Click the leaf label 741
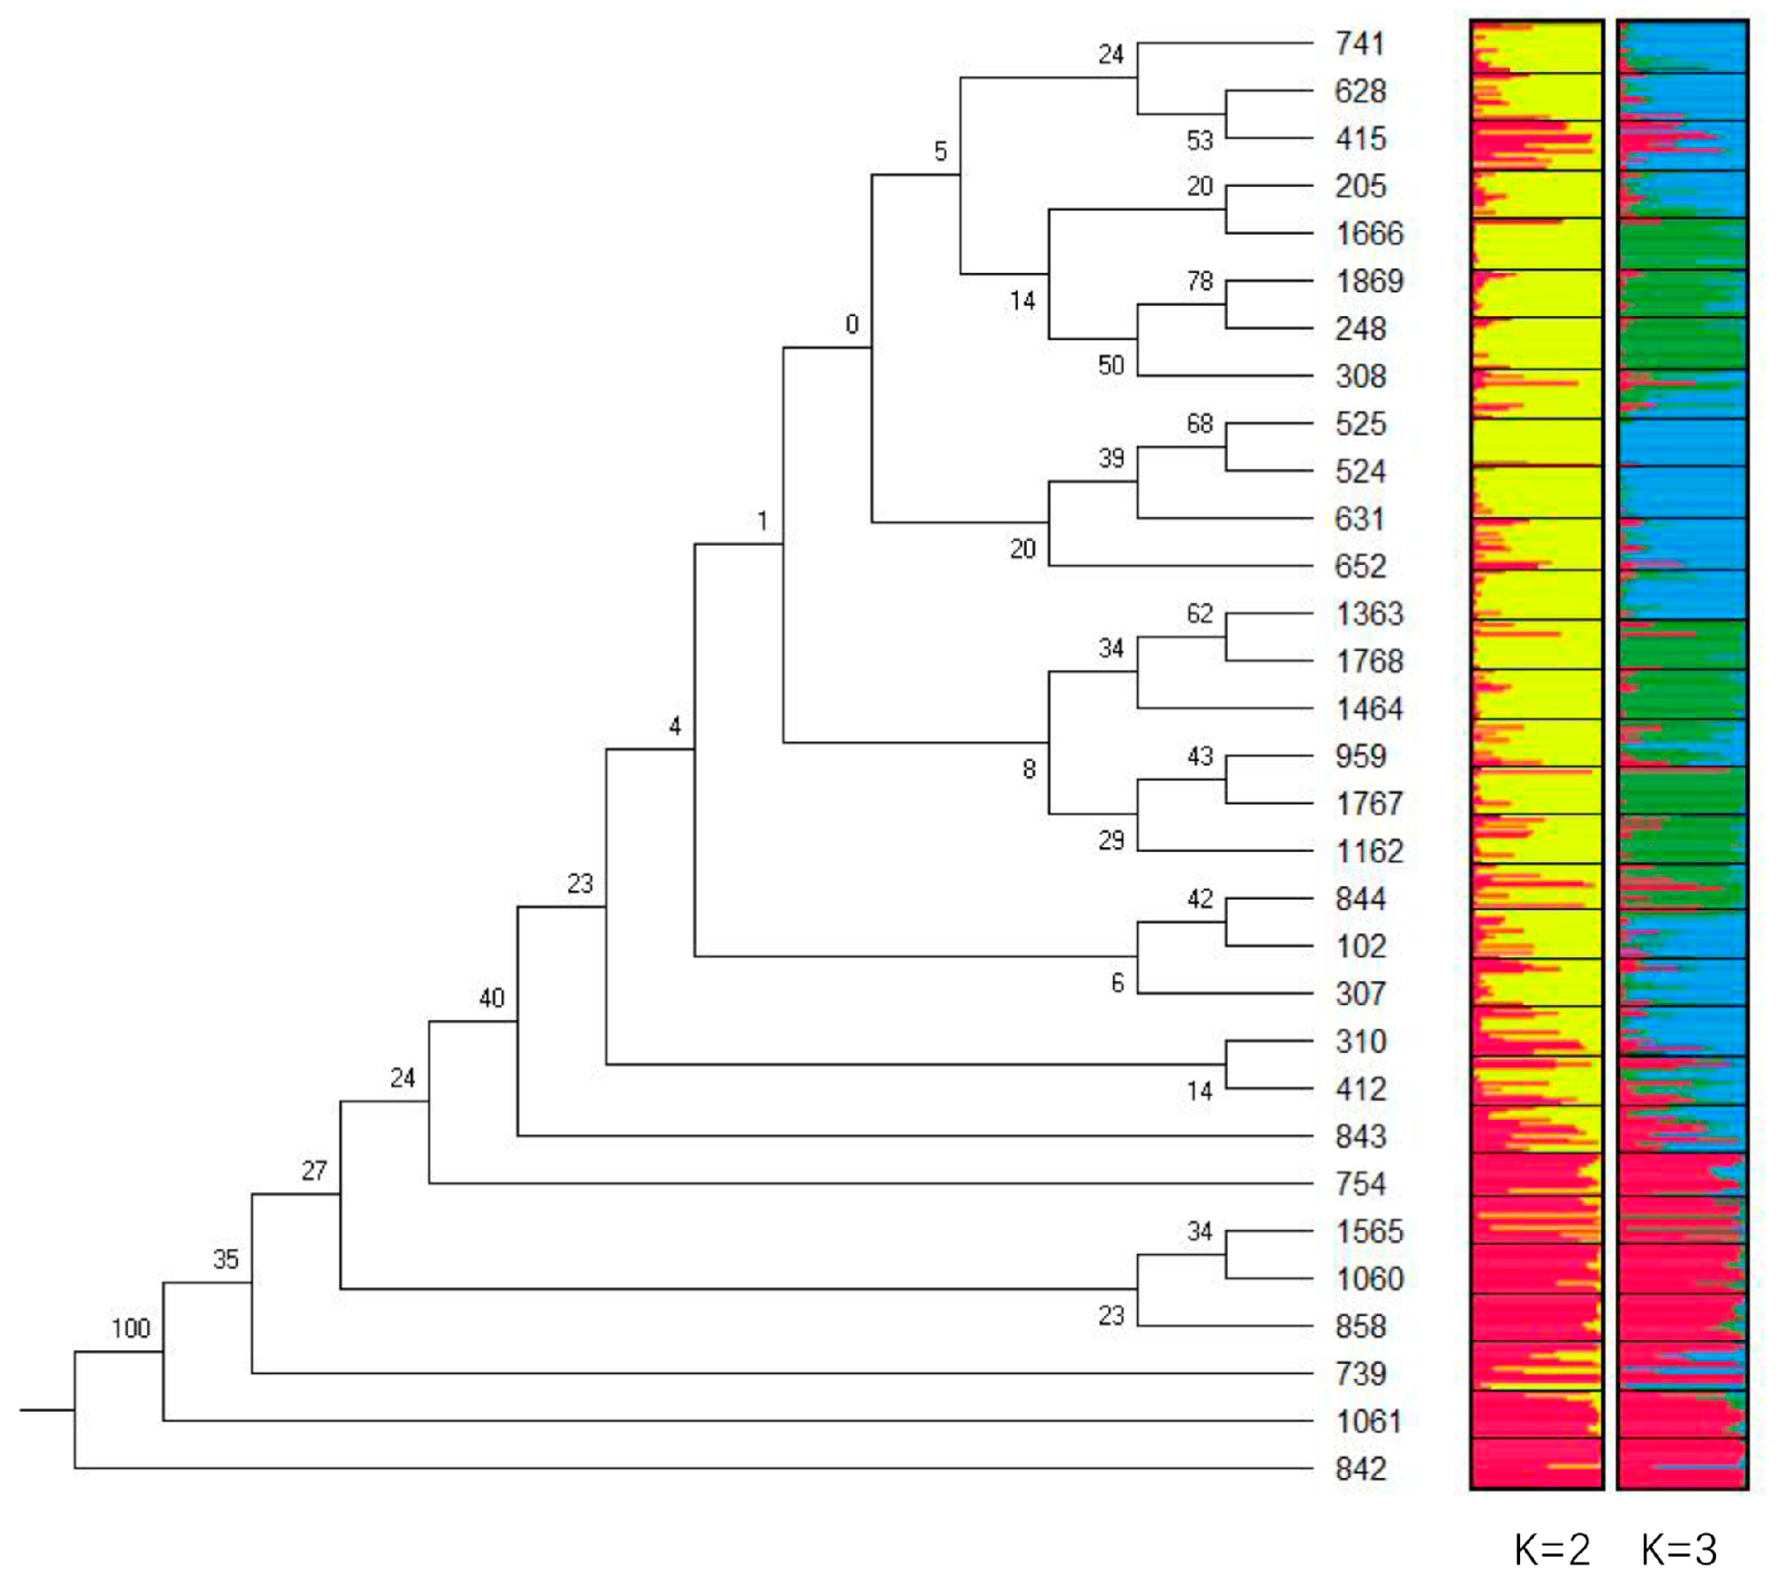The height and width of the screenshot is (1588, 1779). pos(1360,43)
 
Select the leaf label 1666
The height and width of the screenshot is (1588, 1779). pos(1369,234)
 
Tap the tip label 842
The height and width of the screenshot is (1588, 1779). pos(1360,1469)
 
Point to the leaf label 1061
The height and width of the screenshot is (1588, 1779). pos(1369,1422)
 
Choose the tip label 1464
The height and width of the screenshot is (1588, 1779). pos(1369,708)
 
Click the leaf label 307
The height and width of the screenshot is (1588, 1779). pos(1360,994)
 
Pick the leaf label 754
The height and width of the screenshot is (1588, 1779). pos(1360,1184)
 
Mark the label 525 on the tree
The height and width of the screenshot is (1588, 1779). pos(1360,424)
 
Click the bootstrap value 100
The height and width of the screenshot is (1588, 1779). pos(131,1329)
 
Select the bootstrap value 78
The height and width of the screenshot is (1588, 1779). pos(1200,281)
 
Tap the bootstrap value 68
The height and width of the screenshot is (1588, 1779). pos(1200,424)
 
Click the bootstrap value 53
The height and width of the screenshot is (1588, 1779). pos(1200,140)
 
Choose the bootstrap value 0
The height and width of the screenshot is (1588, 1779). pos(853,325)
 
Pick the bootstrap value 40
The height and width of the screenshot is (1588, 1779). pos(491,998)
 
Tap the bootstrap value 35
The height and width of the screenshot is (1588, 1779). pos(225,1259)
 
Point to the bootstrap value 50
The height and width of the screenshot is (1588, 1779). pos(1111,365)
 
